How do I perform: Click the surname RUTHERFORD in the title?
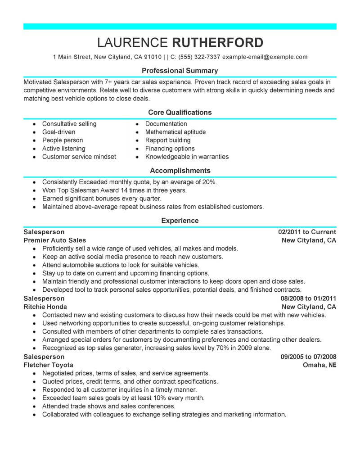click(218, 42)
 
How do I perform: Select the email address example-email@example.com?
click(265, 57)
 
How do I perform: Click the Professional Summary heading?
click(180, 71)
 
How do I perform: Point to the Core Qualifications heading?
click(180, 112)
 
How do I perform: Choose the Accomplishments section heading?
click(180, 171)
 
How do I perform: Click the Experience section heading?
click(180, 221)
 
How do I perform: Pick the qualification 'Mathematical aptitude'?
click(175, 132)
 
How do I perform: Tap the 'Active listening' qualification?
click(63, 149)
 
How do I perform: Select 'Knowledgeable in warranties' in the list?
click(187, 157)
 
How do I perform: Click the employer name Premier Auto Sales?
click(54, 240)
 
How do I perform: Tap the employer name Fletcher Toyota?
click(48, 365)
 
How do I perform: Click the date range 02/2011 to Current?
click(307, 232)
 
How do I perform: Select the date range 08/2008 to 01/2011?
click(308, 299)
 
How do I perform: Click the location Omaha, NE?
click(320, 365)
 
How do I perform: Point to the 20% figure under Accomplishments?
click(209, 182)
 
